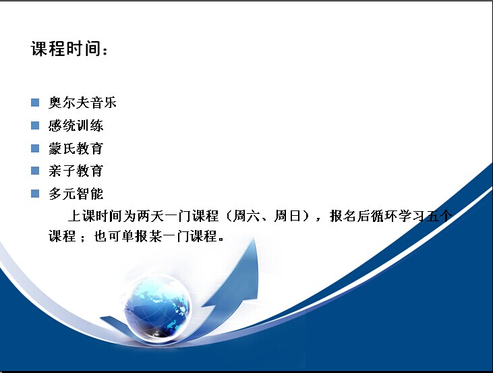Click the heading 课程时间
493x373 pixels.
(65, 49)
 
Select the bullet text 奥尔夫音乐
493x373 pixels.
(82, 103)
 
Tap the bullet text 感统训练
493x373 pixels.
(76, 125)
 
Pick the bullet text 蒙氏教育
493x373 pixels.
(76, 148)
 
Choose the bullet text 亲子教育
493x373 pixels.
(76, 171)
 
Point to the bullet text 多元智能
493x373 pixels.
(76, 194)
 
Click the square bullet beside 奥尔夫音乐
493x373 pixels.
(35, 103)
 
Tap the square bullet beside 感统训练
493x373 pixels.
(35, 125)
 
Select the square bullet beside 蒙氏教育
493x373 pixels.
(35, 148)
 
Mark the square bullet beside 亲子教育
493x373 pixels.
(35, 171)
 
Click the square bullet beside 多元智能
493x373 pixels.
(35, 194)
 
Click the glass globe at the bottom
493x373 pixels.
(157, 308)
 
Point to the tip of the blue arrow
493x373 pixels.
(254, 238)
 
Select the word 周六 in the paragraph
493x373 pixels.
(246, 216)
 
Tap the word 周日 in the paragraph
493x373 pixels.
(287, 216)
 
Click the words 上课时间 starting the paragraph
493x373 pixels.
(94, 216)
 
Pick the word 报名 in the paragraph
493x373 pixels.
(343, 216)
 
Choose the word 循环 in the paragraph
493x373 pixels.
(384, 216)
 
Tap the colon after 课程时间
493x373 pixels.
(105, 51)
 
